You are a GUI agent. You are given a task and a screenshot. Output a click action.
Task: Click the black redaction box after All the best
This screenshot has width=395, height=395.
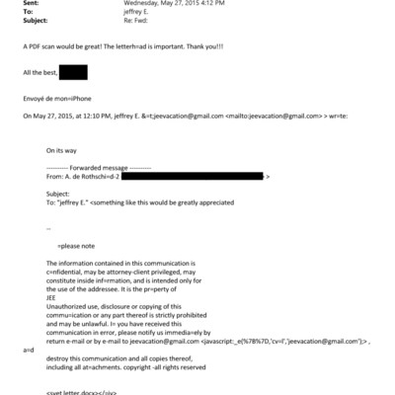point(73,72)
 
